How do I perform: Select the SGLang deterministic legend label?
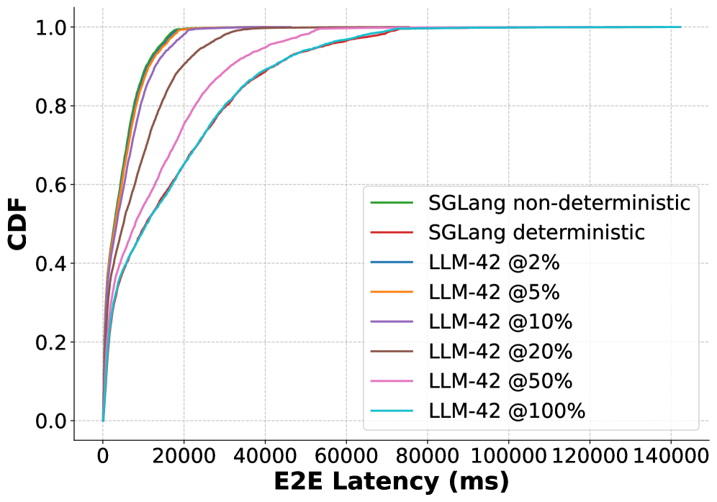[536, 232]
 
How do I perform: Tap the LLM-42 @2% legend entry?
[494, 263]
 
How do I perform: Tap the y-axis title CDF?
[19, 224]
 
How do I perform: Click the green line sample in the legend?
[392, 204]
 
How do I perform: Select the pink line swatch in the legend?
[392, 382]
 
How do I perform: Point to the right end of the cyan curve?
[680, 27]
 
